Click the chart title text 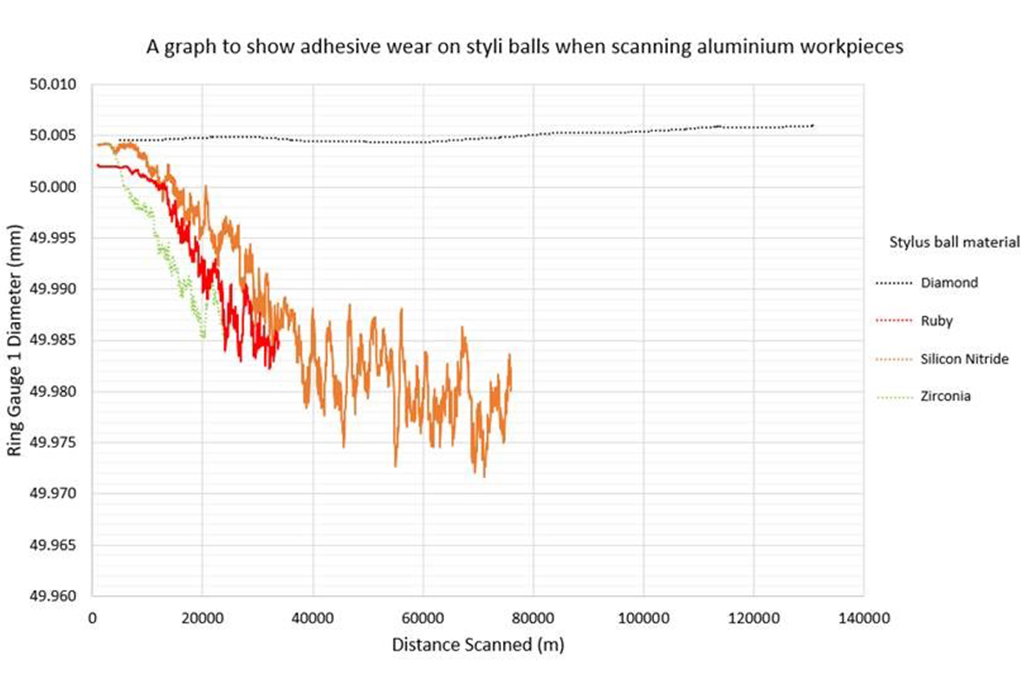[x=524, y=46]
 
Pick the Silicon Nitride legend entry [x=964, y=359]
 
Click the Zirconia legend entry [x=945, y=396]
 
